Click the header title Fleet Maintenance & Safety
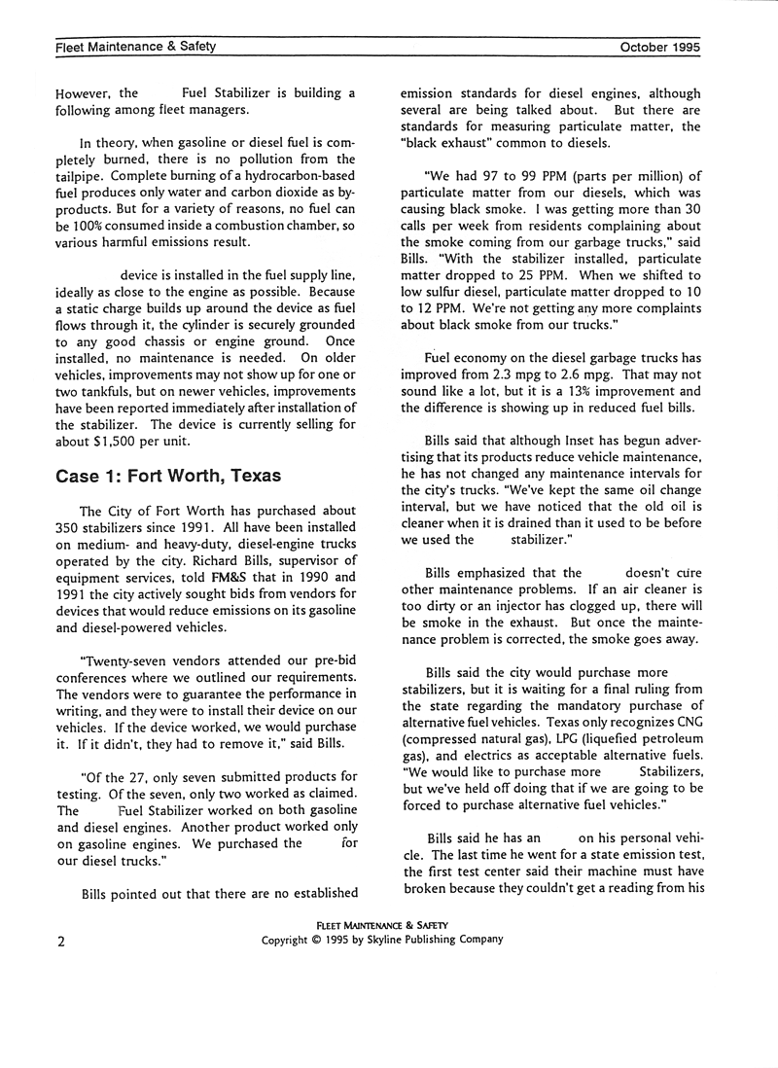(x=135, y=47)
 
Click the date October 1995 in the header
(x=658, y=47)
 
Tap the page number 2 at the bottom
(x=60, y=941)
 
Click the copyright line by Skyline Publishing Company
(x=382, y=940)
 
